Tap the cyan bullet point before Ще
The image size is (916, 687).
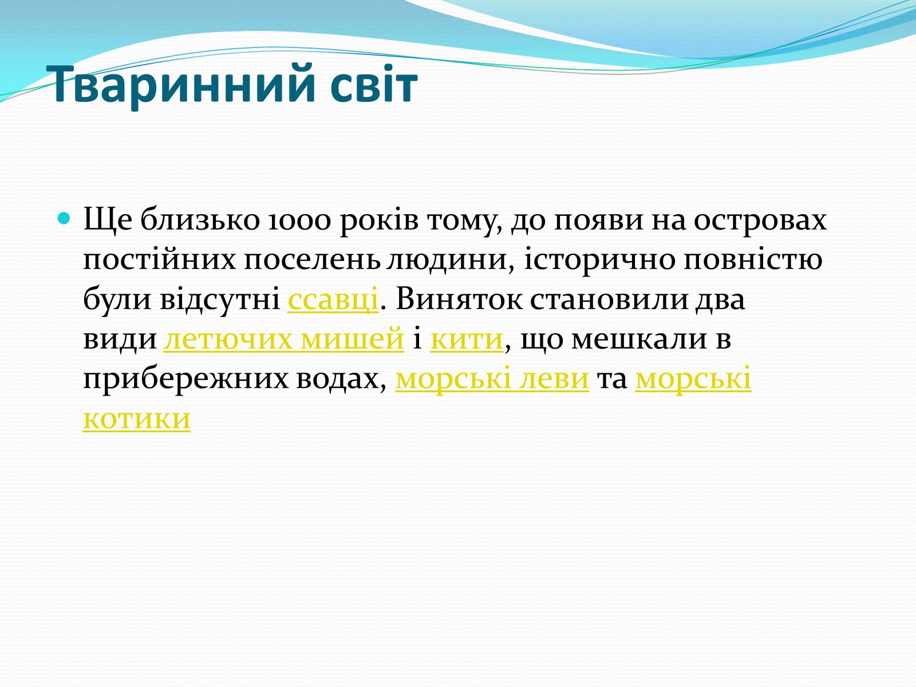click(x=64, y=218)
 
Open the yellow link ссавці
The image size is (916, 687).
click(x=333, y=300)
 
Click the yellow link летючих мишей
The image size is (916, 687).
click(x=283, y=339)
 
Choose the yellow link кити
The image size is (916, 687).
click(x=467, y=339)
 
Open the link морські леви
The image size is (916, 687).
click(x=492, y=379)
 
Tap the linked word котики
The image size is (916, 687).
click(x=137, y=418)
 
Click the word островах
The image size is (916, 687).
click(x=760, y=221)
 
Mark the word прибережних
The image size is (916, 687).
click(x=185, y=380)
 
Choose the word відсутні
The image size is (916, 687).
click(x=219, y=300)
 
